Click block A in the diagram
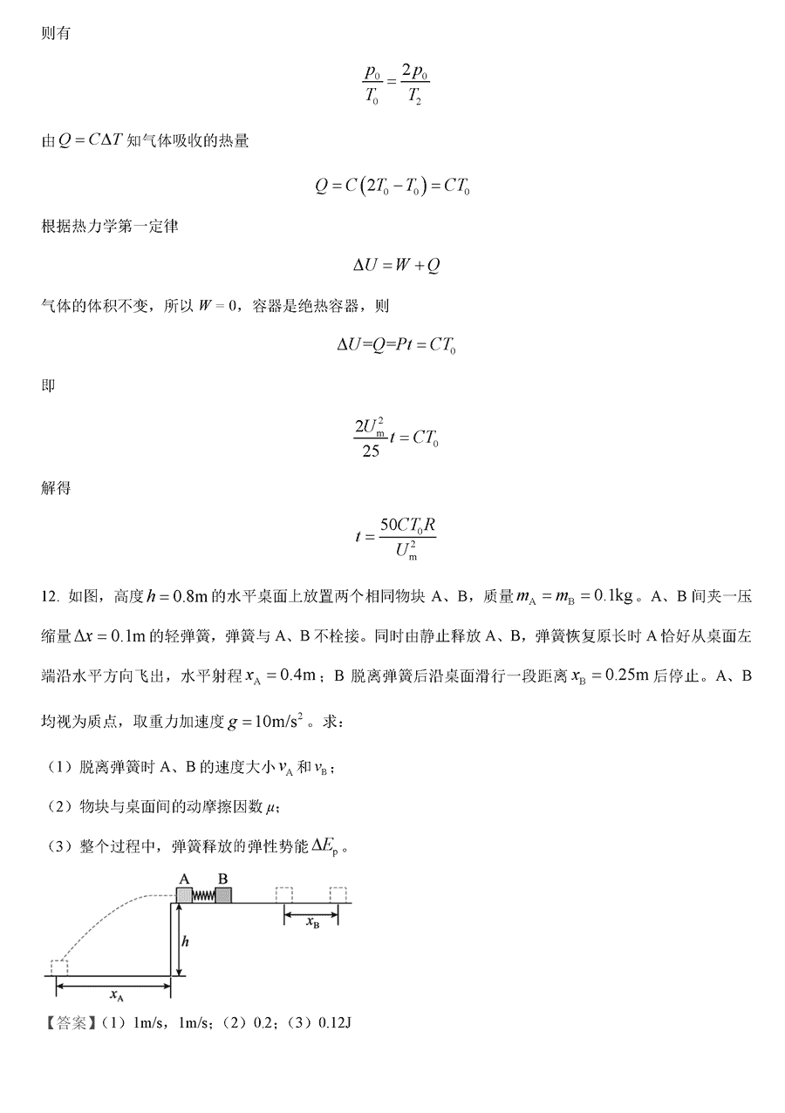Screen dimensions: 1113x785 (184, 895)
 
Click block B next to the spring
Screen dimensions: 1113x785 (223, 895)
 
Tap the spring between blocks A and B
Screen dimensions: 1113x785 (203, 896)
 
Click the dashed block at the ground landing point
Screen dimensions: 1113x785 (59, 967)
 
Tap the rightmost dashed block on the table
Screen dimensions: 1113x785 (338, 894)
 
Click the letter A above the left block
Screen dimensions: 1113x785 (184, 878)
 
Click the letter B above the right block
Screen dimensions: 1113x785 (222, 878)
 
